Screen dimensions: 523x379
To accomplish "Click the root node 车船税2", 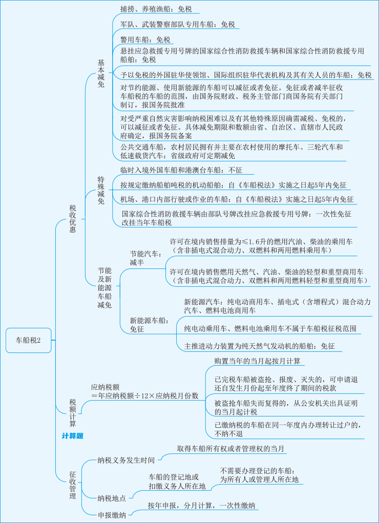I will tap(30, 340).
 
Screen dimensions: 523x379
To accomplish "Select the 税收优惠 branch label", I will tap(73, 219).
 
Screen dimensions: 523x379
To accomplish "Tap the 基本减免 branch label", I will tap(101, 73).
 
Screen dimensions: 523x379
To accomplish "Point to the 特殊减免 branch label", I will tap(101, 190).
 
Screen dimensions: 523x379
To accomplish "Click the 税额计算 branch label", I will tap(73, 413).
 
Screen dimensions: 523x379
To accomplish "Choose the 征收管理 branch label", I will tap(73, 485).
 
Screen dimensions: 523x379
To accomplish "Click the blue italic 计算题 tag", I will tap(72, 436).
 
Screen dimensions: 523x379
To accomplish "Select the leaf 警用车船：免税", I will tap(145, 39).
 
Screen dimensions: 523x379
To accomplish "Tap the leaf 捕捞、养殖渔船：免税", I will tap(156, 9).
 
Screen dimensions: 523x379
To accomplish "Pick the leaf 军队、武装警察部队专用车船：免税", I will tap(177, 24).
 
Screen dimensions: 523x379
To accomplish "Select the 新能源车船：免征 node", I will tap(149, 325).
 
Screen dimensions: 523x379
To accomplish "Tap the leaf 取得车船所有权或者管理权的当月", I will tap(231, 449).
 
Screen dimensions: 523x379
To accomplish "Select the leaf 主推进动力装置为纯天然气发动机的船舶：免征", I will tap(259, 347).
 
